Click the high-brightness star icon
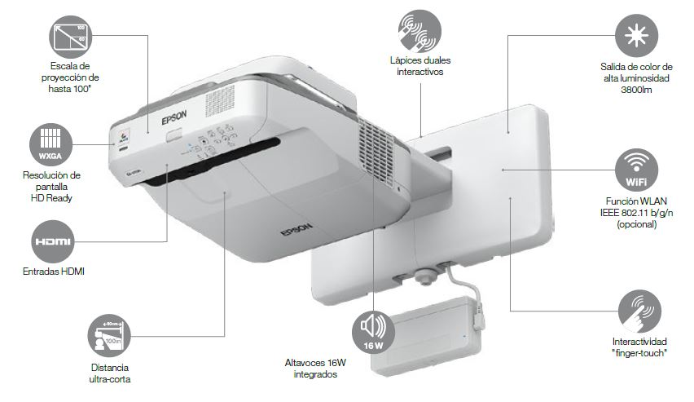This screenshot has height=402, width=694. click(x=635, y=36)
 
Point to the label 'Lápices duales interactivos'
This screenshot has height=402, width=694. click(x=420, y=66)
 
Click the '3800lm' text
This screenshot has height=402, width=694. click(x=635, y=90)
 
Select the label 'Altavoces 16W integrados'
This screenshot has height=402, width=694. click(x=310, y=369)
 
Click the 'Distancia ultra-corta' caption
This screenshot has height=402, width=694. click(x=109, y=373)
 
